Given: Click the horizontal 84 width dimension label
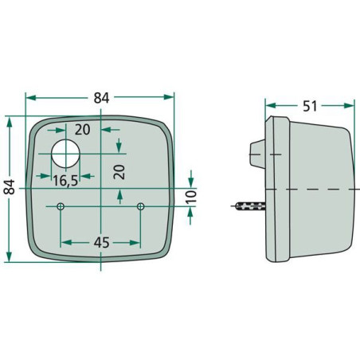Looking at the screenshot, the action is [x=101, y=98].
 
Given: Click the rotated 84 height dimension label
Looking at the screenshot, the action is [x=10, y=187].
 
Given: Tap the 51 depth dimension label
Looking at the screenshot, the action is [x=310, y=106].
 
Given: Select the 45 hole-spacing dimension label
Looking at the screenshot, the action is [x=101, y=242].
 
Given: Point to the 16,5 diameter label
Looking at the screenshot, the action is [x=65, y=181].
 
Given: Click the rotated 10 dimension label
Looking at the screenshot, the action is [x=191, y=197].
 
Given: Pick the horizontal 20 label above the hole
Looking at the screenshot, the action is [x=82, y=130].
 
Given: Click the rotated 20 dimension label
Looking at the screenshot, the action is [x=119, y=172].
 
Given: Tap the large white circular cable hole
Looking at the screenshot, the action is [x=65, y=154].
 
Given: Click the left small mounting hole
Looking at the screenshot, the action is [x=61, y=206].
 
